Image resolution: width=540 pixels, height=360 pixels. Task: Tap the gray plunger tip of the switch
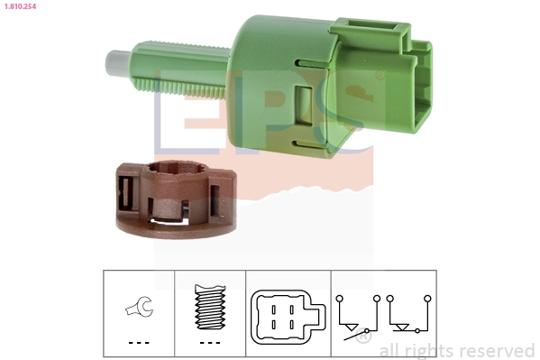pos(114,64)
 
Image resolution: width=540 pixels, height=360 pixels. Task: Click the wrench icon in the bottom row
pos(139,309)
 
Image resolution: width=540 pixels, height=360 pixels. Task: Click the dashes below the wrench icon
pos(138,343)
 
